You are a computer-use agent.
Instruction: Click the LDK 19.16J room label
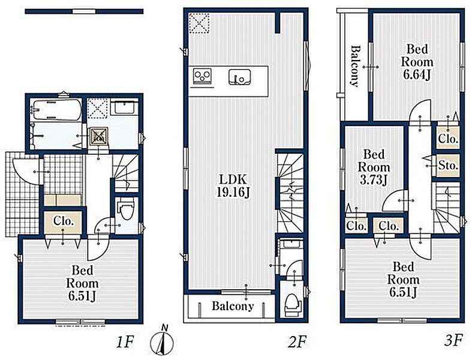click(x=233, y=186)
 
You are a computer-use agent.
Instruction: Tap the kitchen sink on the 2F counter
click(x=240, y=76)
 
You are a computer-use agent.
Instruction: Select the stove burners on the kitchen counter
click(x=203, y=76)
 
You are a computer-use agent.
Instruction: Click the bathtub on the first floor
click(x=56, y=110)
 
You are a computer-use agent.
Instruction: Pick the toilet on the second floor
click(x=293, y=304)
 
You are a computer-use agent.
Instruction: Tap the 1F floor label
click(x=125, y=342)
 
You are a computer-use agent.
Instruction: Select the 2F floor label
click(x=297, y=342)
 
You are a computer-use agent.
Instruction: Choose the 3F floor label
click(x=453, y=341)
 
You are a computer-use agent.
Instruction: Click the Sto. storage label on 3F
click(x=448, y=166)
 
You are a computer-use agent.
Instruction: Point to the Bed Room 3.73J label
click(x=374, y=167)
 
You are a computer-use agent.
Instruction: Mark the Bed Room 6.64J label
click(x=417, y=62)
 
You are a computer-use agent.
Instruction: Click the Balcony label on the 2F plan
click(x=233, y=306)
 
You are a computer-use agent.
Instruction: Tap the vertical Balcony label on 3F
click(x=355, y=66)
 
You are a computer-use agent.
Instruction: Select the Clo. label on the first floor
click(x=64, y=221)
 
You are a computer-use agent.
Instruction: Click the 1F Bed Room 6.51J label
click(x=82, y=283)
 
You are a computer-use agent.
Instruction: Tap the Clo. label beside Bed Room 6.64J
click(x=448, y=139)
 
